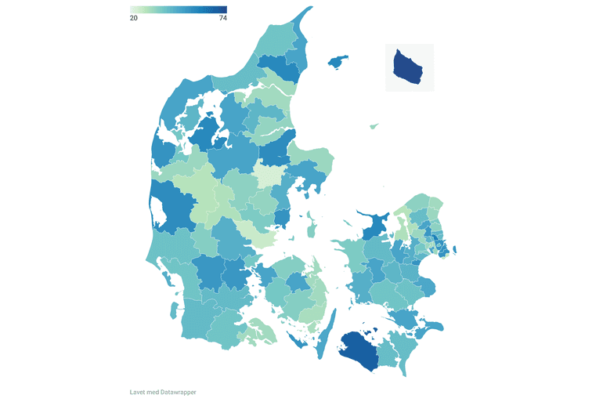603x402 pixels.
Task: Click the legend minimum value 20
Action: coord(134,18)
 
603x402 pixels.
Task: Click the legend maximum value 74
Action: coord(222,18)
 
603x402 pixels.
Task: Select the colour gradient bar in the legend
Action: coord(178,9)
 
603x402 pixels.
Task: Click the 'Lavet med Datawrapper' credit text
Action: coord(163,392)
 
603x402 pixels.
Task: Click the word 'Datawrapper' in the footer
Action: coord(179,392)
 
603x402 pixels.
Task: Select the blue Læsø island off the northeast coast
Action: coord(338,60)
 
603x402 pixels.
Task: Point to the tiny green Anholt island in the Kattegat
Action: coord(375,125)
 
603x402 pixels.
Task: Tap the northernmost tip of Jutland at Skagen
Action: coord(306,11)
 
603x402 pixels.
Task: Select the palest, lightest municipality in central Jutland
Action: coord(269,174)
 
